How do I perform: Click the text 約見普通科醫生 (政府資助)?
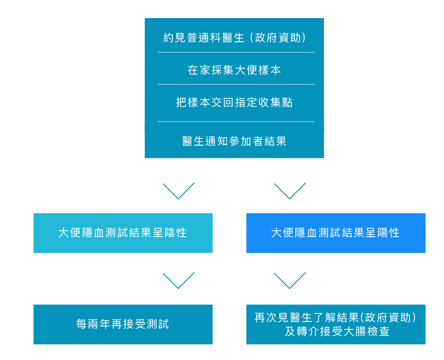pyautogui.click(x=235, y=38)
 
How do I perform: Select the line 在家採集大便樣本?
pyautogui.click(x=235, y=70)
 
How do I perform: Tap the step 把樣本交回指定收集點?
pyautogui.click(x=235, y=103)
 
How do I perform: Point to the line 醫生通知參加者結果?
pyautogui.click(x=235, y=141)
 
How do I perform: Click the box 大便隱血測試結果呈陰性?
pyautogui.click(x=123, y=233)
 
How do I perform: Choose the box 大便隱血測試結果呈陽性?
pyautogui.click(x=336, y=233)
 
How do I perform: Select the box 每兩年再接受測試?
pyautogui.click(x=123, y=324)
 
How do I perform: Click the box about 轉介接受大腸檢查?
pyautogui.click(x=336, y=324)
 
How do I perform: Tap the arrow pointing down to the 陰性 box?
pyautogui.click(x=178, y=191)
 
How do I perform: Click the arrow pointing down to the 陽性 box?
pyautogui.click(x=290, y=191)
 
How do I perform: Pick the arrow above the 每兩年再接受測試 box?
pyautogui.click(x=178, y=280)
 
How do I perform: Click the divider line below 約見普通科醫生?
pyautogui.click(x=236, y=53)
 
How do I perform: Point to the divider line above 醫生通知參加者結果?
pyautogui.click(x=236, y=122)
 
